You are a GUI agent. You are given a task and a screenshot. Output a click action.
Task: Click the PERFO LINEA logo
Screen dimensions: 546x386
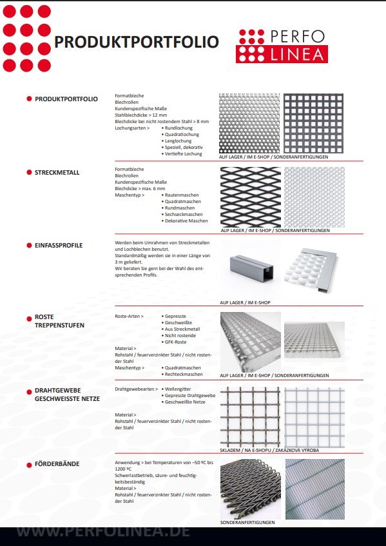[x=282, y=45]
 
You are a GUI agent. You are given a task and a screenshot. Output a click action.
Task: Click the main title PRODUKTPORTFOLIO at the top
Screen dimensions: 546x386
[x=136, y=43]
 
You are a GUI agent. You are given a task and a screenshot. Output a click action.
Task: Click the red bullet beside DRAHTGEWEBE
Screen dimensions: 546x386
[x=29, y=391]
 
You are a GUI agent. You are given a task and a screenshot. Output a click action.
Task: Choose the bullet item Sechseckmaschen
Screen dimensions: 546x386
[x=184, y=214]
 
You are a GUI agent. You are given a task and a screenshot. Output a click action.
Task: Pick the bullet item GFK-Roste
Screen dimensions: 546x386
[x=179, y=342]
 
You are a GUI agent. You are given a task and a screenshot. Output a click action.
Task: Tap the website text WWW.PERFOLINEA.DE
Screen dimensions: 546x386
[x=103, y=532]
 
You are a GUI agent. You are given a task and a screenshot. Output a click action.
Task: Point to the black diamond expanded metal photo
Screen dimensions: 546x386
[x=251, y=196]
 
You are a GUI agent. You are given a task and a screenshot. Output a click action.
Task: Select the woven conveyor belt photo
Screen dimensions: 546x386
[x=250, y=488]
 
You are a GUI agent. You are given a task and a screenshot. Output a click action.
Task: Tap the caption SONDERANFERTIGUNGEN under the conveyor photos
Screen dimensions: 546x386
[x=247, y=522]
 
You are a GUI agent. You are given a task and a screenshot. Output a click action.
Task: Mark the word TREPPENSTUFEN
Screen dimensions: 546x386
[x=59, y=326]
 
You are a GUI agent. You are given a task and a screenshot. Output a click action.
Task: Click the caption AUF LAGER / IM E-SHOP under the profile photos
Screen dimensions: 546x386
[x=245, y=302]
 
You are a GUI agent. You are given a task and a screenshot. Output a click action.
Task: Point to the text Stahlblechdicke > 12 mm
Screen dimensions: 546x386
[x=137, y=115]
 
